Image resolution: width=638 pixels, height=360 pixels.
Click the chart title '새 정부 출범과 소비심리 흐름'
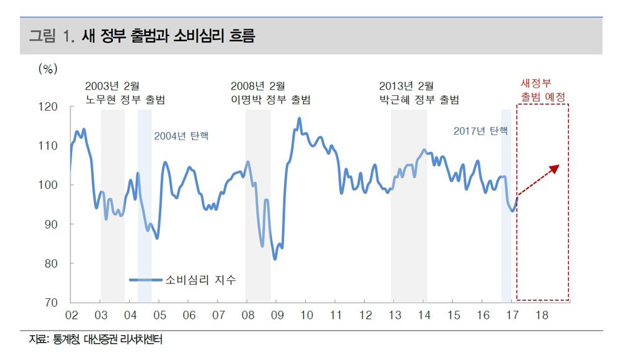pyautogui.click(x=168, y=36)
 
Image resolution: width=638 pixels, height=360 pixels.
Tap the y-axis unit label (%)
pyautogui.click(x=48, y=69)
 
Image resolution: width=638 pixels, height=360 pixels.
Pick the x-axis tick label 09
pyautogui.click(x=277, y=316)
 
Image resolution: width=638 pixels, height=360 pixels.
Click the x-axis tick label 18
pyautogui.click(x=541, y=316)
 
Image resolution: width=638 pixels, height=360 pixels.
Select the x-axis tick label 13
pyautogui.click(x=394, y=316)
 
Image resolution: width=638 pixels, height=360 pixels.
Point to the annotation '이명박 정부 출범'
pyautogui.click(x=270, y=100)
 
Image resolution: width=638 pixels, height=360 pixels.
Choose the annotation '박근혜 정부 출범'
pyautogui.click(x=419, y=100)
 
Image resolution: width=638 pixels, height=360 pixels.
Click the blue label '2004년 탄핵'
pyautogui.click(x=181, y=136)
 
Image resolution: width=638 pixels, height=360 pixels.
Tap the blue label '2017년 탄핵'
pyautogui.click(x=480, y=131)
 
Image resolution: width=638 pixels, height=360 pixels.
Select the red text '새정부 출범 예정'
pyautogui.click(x=543, y=90)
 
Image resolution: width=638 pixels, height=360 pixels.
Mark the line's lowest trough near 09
pyautogui.click(x=275, y=259)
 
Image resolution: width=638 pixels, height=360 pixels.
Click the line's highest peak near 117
pyautogui.click(x=299, y=118)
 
